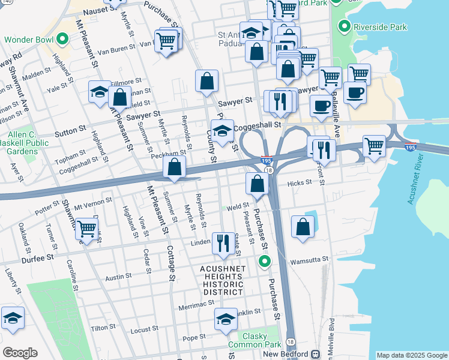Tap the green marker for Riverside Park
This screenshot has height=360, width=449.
344,26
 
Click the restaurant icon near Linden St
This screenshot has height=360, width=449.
223,242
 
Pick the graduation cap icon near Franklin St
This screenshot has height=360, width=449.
226,319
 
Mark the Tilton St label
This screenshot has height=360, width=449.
103,328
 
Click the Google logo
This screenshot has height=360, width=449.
20,353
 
